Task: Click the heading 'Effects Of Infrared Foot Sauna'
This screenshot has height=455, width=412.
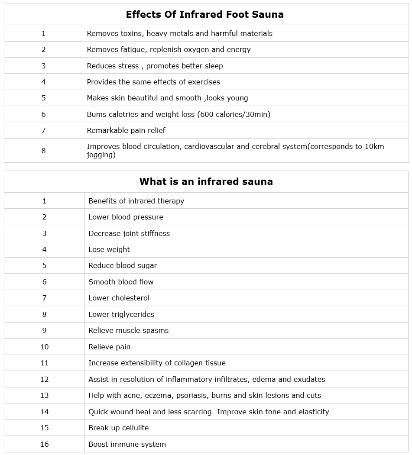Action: point(204,15)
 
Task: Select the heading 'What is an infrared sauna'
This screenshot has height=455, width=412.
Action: point(206,181)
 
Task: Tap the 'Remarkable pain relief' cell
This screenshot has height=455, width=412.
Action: point(126,130)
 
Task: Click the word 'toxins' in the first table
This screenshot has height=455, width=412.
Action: point(130,33)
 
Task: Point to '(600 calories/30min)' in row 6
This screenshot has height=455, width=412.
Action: point(233,114)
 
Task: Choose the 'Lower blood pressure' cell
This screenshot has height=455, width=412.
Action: point(126,217)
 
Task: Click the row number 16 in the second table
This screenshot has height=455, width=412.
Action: point(44,444)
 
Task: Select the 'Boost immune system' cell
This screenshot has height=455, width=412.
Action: point(127,444)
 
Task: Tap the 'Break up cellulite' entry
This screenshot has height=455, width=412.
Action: point(118,428)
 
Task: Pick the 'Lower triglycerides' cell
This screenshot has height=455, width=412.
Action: point(121,314)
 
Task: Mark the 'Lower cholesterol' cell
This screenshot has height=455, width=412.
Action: point(119,298)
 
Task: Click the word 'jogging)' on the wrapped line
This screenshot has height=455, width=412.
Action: point(101,155)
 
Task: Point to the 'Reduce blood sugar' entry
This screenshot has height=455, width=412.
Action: point(123,265)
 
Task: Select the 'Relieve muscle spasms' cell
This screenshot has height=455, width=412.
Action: point(128,330)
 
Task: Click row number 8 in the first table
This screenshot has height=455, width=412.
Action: point(43,151)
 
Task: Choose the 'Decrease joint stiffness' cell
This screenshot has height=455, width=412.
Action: point(129,233)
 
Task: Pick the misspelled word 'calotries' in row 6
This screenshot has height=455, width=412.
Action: point(121,114)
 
